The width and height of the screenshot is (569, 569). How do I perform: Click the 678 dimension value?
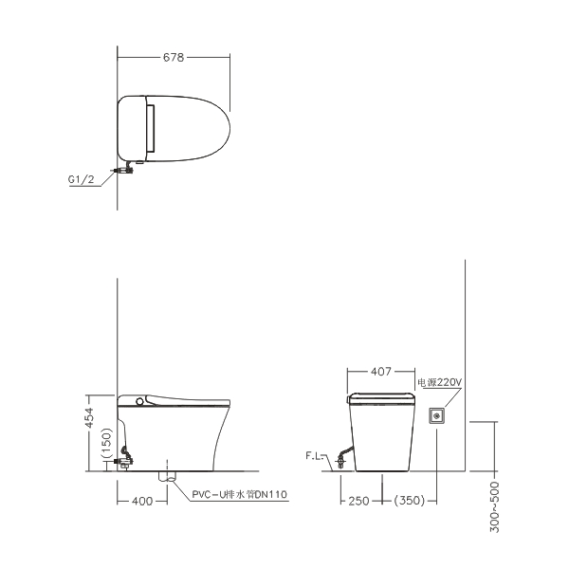coord(174,57)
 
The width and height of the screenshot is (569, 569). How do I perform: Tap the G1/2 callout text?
coord(81,179)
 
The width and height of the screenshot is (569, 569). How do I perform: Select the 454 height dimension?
coord(90,418)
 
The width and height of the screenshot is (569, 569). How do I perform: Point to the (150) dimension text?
coord(106,443)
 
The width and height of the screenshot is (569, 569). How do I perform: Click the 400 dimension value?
coord(142,501)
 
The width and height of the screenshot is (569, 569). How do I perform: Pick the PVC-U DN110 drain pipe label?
coord(240,494)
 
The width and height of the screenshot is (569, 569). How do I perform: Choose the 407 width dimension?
coord(381,372)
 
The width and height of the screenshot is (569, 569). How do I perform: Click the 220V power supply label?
coord(439,382)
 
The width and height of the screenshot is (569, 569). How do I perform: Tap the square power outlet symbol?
coord(437,415)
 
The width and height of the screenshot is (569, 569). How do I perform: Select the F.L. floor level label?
coord(314,456)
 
